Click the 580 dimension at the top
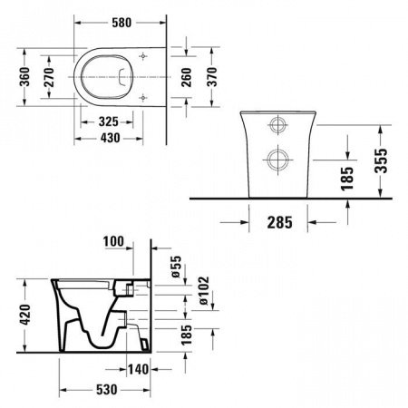tap(121, 23)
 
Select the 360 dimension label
tap(24, 77)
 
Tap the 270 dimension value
tap(49, 77)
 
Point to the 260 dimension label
tap(187, 77)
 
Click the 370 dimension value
tap(212, 77)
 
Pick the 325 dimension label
tap(109, 121)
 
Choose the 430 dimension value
tap(110, 138)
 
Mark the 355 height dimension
tap(381, 160)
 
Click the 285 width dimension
tap(280, 223)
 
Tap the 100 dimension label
tap(113, 241)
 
